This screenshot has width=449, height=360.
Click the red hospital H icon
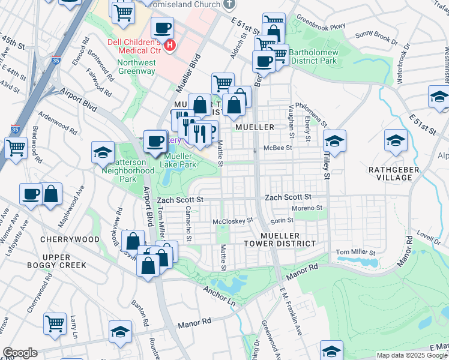point(170,45)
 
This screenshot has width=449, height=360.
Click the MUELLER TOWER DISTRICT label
point(280,239)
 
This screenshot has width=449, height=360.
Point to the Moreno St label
point(307,208)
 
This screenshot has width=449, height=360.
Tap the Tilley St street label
point(328,168)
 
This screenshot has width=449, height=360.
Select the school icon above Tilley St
point(334,141)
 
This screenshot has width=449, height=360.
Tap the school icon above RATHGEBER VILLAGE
point(396,140)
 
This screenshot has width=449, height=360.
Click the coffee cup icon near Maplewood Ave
point(30,194)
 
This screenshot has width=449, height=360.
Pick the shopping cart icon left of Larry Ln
point(55,323)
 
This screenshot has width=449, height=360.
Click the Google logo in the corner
point(20,353)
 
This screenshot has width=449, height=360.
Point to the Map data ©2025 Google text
point(412,355)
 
